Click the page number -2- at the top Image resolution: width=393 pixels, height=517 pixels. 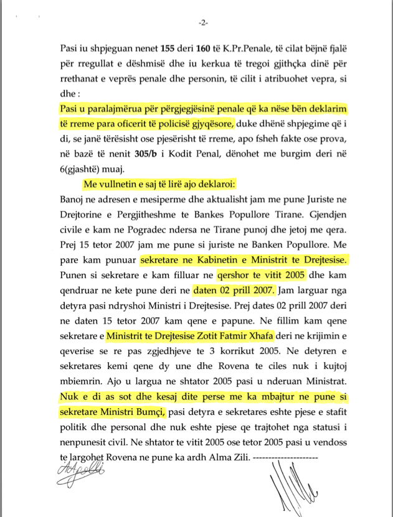pos(203,23)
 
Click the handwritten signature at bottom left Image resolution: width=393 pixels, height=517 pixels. pos(75,472)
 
